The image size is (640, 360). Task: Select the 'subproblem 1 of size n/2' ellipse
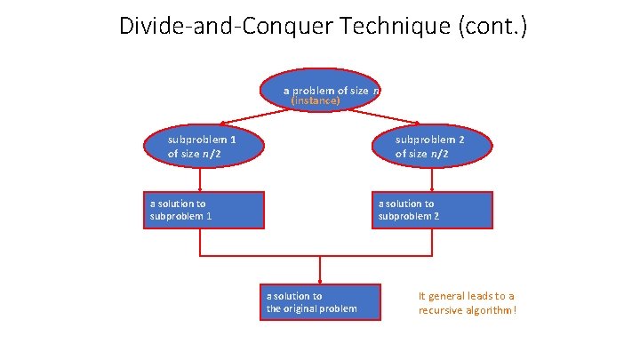(x=204, y=147)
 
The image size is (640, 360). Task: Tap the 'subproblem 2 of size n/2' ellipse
(x=432, y=147)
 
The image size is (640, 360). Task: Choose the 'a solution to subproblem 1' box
(x=204, y=210)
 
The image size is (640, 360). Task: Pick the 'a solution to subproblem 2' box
(x=432, y=210)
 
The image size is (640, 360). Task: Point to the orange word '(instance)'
(x=316, y=101)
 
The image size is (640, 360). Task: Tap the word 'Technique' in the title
(x=380, y=26)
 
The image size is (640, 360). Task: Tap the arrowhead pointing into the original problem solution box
(x=320, y=278)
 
